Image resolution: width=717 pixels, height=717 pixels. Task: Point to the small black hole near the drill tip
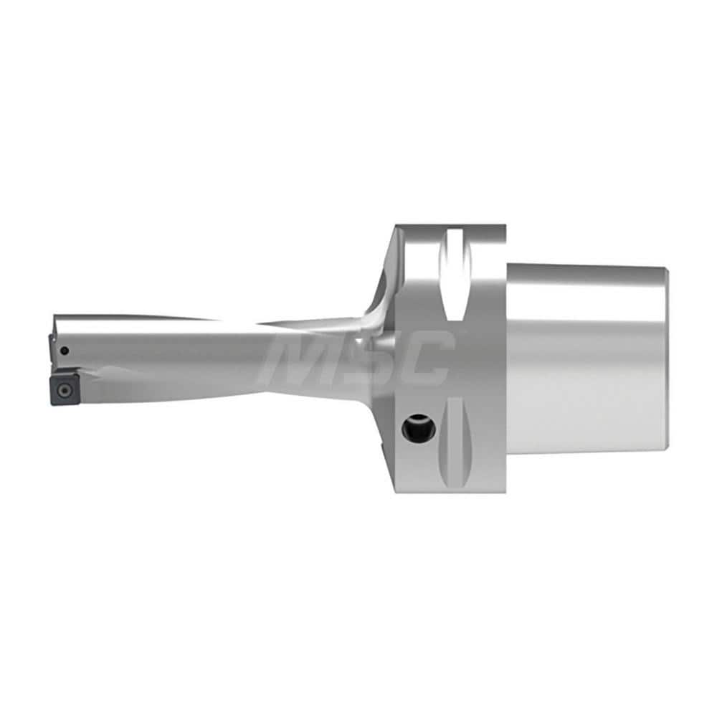pyautogui.click(x=65, y=351)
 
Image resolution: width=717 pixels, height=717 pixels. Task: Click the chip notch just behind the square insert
pyautogui.click(x=97, y=373)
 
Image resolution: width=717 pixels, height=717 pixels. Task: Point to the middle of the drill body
pyautogui.click(x=215, y=355)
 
